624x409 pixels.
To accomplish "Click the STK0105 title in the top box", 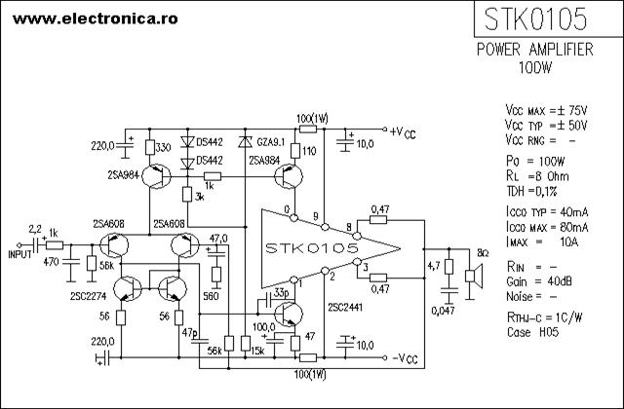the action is click(535, 19).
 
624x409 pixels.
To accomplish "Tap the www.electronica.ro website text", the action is click(96, 19).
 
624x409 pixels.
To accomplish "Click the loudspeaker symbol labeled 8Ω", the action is click(474, 276).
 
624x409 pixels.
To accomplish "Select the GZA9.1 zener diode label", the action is click(271, 142).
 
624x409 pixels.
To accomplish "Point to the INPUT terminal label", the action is click(19, 254).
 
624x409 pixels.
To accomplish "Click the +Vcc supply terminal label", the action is click(403, 132).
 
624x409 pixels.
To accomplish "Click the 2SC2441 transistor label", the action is click(345, 308).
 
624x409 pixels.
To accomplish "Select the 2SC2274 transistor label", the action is click(89, 296).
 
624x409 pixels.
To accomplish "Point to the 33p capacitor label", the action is click(282, 293).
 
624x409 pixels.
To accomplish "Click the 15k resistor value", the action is click(257, 351).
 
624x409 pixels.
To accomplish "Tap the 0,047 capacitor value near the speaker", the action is click(443, 311).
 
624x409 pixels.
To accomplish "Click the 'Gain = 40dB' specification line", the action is click(539, 281).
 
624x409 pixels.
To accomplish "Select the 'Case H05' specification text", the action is click(533, 332).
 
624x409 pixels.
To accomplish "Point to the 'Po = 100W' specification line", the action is click(535, 161).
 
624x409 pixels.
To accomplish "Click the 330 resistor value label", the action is click(163, 148).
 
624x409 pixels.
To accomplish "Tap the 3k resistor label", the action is click(199, 197).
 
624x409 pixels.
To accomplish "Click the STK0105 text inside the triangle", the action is click(312, 248).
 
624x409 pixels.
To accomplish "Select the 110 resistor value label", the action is click(309, 151).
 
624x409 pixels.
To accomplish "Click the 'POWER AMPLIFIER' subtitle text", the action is click(535, 50).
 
